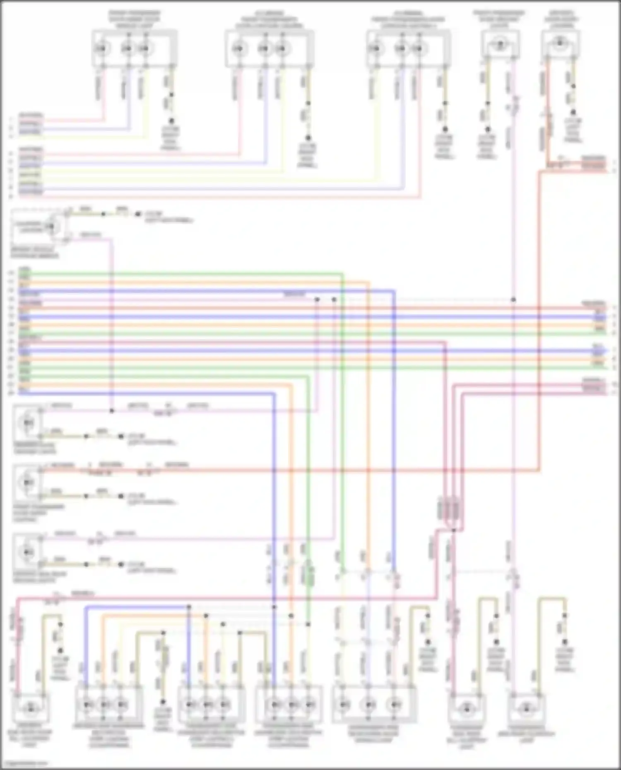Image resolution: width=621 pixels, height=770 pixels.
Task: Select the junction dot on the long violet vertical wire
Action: (x=513, y=299)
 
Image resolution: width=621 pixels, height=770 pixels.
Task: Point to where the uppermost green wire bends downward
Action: (x=343, y=273)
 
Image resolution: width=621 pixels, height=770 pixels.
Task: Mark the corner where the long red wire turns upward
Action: (x=539, y=470)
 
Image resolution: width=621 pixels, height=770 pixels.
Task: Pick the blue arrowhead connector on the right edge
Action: (x=605, y=351)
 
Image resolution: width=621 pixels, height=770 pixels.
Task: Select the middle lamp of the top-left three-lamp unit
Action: (x=127, y=49)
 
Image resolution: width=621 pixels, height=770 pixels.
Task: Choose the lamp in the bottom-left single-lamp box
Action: (x=30, y=708)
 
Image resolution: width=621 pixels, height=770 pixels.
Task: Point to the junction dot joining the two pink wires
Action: (x=112, y=411)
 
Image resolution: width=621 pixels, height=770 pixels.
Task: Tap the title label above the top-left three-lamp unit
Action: (x=135, y=19)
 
